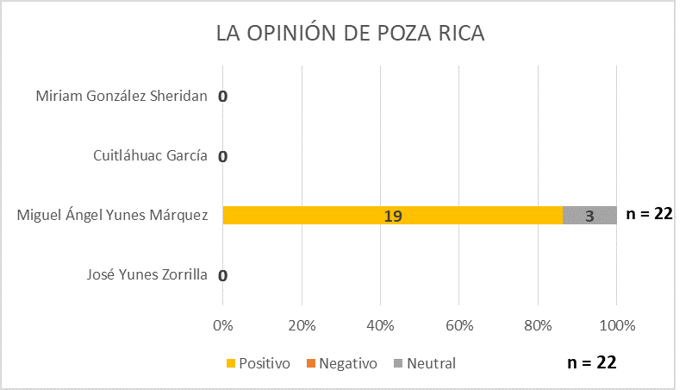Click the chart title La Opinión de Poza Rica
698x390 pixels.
coord(350,35)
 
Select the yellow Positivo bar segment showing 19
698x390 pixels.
coord(393,216)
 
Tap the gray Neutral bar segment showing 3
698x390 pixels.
coord(589,216)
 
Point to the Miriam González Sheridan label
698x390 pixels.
coord(122,96)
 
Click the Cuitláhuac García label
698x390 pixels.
coord(151,156)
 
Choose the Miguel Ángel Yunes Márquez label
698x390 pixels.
coord(113,216)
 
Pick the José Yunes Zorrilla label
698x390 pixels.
coord(147,275)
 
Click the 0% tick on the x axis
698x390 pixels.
coord(223,326)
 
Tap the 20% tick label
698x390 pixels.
coord(302,326)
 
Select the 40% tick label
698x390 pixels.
coord(380,326)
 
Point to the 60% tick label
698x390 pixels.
coord(458,326)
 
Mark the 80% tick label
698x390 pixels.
coord(538,326)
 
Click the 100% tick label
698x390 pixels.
coord(616,326)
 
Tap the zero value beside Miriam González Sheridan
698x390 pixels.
coord(222,97)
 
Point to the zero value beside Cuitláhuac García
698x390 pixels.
coord(222,157)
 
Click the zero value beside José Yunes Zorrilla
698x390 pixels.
coord(222,276)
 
